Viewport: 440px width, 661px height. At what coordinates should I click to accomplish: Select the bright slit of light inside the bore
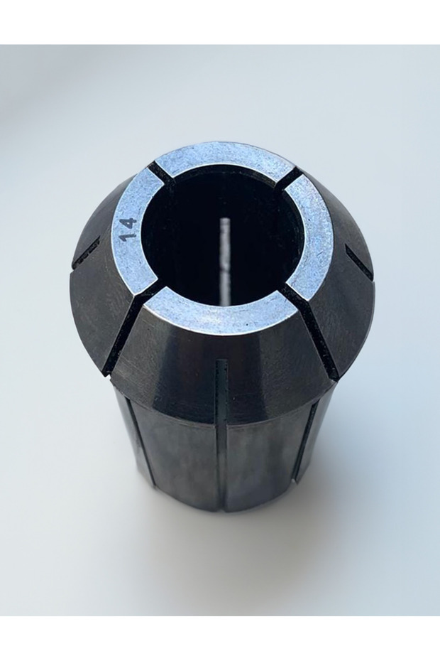[x=226, y=249]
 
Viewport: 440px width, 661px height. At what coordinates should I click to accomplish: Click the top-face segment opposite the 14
[x=312, y=235]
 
